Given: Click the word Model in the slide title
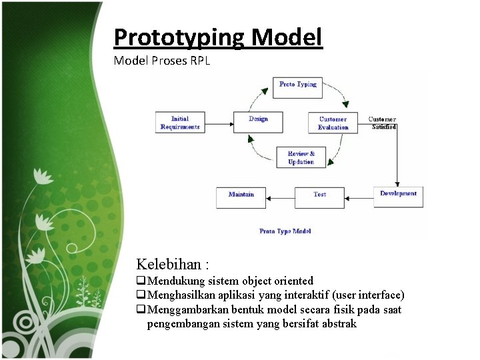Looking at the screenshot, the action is tap(288, 37).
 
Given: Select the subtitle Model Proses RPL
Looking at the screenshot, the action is tap(162, 61).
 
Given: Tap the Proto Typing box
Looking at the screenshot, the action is tap(298, 85).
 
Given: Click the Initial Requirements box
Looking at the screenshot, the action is tap(180, 123).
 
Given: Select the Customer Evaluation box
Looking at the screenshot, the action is tap(333, 123).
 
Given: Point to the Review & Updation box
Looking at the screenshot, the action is tap(301, 157).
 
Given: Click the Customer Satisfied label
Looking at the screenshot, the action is tap(383, 123).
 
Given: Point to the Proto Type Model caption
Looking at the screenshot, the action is tap(285, 231).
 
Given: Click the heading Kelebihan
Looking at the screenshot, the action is tap(169, 264).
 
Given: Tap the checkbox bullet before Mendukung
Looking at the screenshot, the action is tap(141, 281).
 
